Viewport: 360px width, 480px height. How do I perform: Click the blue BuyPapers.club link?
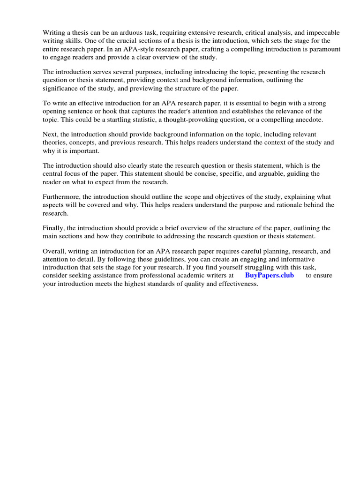(x=269, y=276)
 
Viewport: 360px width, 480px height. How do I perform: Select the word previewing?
(x=135, y=89)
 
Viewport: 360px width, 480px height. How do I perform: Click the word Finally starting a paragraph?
(x=53, y=228)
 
